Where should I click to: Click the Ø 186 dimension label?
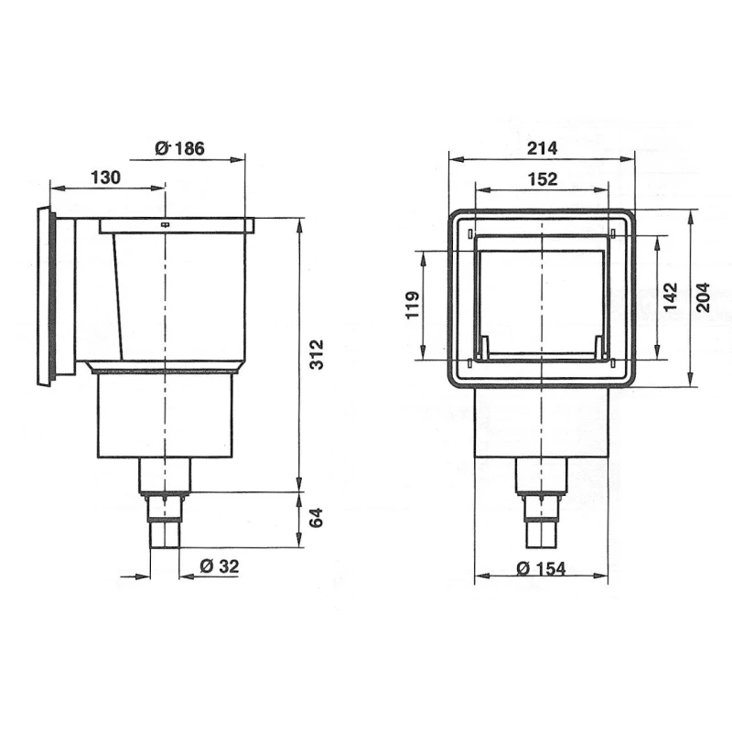point(179,148)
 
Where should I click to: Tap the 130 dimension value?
point(105,178)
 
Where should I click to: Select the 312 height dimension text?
point(317,354)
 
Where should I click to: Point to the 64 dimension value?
point(317,518)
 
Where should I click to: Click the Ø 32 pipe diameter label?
point(219,566)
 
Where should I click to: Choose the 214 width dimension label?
point(542,148)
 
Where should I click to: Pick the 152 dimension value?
point(542,178)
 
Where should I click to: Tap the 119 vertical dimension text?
point(413,306)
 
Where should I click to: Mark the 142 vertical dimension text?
point(670,296)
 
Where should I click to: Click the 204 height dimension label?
point(703,297)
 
